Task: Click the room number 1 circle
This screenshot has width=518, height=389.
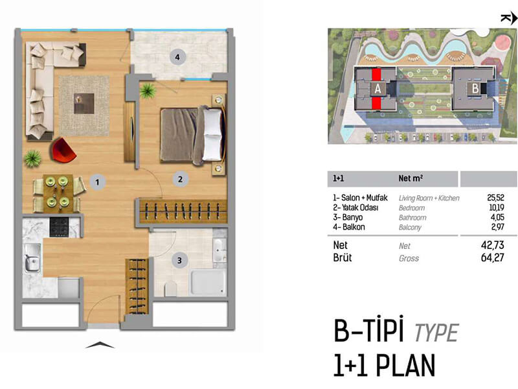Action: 97,182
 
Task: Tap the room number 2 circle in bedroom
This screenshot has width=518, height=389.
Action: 181,180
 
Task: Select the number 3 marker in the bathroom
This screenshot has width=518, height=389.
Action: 179,261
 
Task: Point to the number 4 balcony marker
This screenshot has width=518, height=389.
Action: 177,57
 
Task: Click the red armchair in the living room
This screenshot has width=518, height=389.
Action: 63,150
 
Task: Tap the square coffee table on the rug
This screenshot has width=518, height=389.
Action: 84,104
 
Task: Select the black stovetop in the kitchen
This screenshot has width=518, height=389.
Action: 59,227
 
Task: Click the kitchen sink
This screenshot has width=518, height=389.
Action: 32,257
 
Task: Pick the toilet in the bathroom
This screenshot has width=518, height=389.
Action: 170,289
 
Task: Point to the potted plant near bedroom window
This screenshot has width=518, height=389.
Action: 148,90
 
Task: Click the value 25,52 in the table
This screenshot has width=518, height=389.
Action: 495,198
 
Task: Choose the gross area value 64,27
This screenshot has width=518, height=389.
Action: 493,257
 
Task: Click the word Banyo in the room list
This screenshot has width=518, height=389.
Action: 352,217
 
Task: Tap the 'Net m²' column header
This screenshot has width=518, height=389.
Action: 411,178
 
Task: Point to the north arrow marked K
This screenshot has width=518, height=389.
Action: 509,18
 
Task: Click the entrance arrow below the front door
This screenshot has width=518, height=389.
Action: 100,345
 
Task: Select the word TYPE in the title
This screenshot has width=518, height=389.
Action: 436,333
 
